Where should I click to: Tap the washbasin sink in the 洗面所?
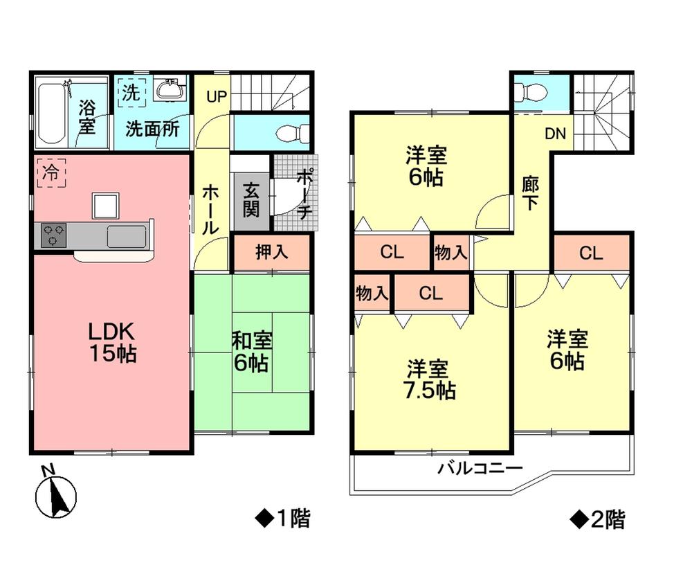pos(168,90)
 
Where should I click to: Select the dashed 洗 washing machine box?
pos(131,93)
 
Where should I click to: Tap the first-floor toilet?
pos(286,132)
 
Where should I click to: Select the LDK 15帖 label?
pos(111,341)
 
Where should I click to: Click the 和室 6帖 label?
pos(251,351)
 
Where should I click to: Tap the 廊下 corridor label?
pos(531,195)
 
